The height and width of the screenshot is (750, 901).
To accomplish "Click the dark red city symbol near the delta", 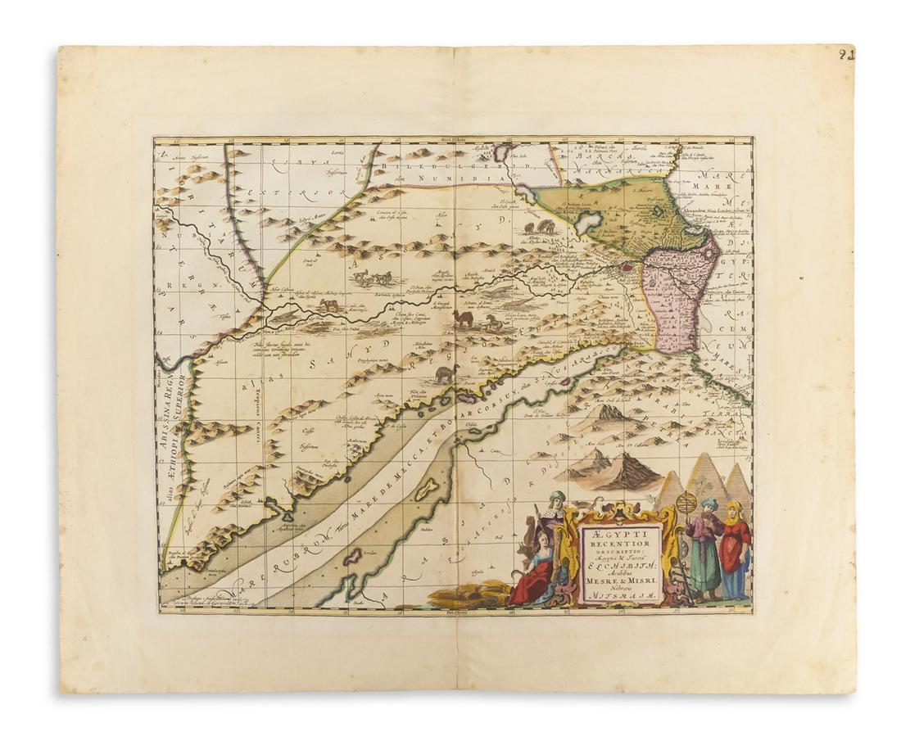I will tap(627, 266).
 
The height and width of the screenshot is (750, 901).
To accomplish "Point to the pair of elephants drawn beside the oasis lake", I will tap(540, 228).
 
